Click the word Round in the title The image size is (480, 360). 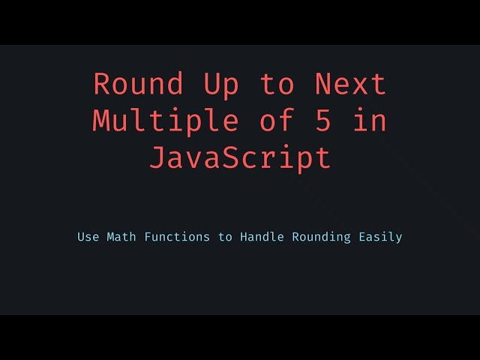coord(139,84)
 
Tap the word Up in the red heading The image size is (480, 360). coord(221,84)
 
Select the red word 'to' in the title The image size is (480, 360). coord(277,84)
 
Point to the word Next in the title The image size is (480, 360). coord(350,84)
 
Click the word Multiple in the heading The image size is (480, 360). coord(166,121)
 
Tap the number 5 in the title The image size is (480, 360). coord(322,121)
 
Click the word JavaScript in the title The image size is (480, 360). coord(240,157)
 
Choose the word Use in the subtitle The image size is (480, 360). coord(88,237)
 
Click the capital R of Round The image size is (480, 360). coord(102,84)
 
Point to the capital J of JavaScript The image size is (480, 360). coord(157,157)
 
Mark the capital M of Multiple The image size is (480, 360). coord(102,121)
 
